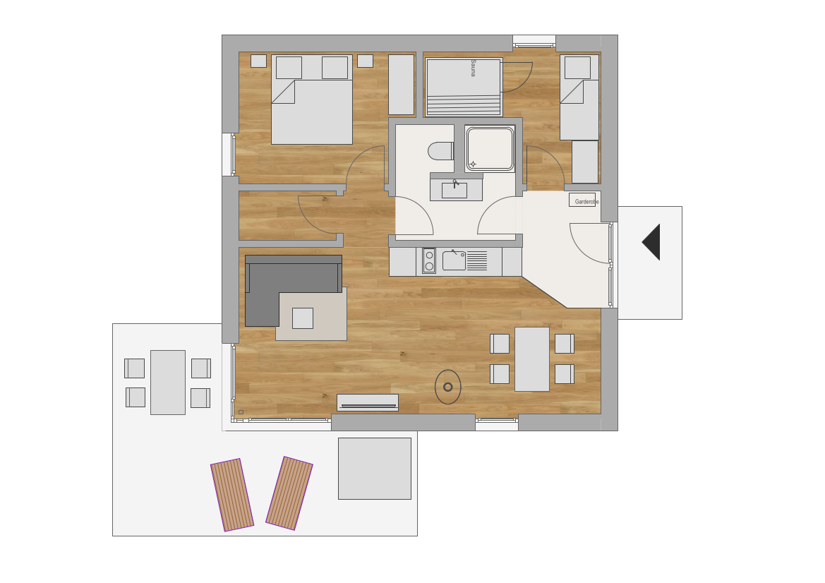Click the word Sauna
(x=473, y=68)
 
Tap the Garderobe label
(x=586, y=202)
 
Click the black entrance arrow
(x=651, y=241)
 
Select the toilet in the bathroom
(x=441, y=151)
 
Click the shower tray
(x=490, y=148)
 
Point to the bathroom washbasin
(x=455, y=189)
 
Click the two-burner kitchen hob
(x=429, y=261)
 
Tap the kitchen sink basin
(x=454, y=260)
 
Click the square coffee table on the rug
(x=303, y=318)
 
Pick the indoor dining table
(x=532, y=359)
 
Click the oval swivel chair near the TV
(x=448, y=387)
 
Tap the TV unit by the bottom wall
(x=368, y=402)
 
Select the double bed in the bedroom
(x=312, y=100)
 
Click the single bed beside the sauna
(x=579, y=97)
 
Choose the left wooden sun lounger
(x=232, y=495)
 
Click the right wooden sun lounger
(x=289, y=493)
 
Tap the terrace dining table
(x=168, y=383)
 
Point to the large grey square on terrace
(x=375, y=468)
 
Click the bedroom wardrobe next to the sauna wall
(x=402, y=85)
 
